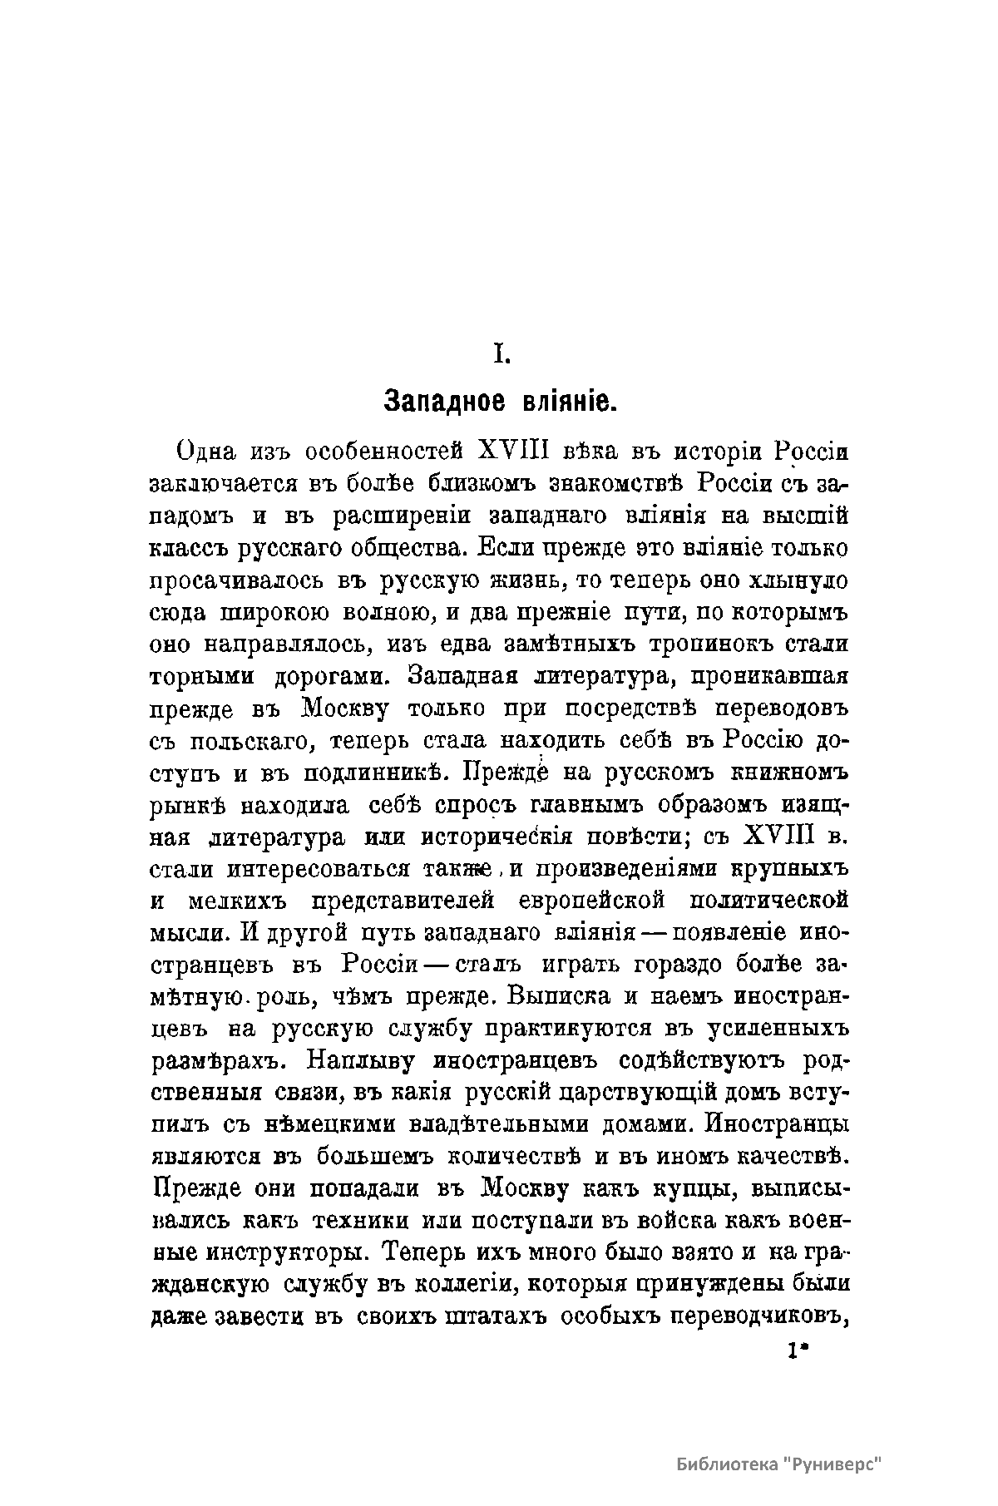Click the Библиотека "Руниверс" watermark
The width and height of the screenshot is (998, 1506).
(x=778, y=1464)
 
